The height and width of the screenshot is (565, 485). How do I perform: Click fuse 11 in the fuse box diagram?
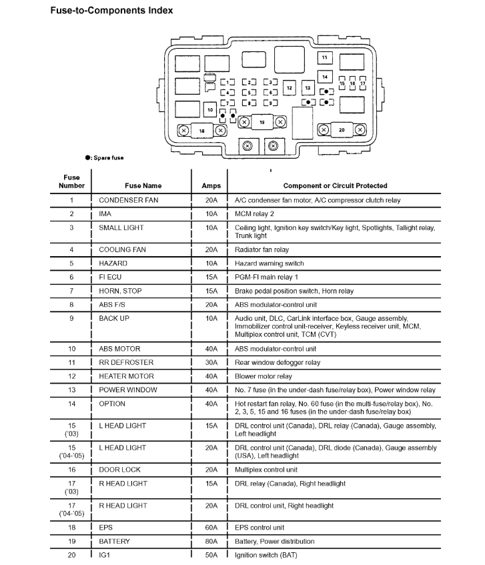(x=325, y=59)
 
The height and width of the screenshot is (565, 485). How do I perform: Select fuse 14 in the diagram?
(x=325, y=76)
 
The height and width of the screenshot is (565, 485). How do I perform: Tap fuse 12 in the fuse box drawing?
(x=289, y=88)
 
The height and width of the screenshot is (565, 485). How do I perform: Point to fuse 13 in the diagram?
(x=308, y=88)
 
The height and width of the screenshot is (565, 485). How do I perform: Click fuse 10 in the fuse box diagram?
(x=210, y=109)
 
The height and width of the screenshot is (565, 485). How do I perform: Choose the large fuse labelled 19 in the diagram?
(x=262, y=123)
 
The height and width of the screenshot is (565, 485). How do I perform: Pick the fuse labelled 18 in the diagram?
(x=201, y=131)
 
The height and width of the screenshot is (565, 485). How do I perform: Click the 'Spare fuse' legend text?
(x=107, y=157)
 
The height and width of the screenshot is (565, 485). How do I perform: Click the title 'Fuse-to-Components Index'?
(x=111, y=11)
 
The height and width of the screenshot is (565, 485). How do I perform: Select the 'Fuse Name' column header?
(x=143, y=185)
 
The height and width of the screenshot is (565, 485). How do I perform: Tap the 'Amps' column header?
(x=211, y=185)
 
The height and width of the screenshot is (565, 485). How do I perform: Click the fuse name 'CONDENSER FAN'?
(x=129, y=200)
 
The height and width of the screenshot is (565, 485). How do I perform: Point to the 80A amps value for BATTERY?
(x=211, y=541)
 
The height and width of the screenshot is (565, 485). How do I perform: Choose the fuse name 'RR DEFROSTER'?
(x=126, y=362)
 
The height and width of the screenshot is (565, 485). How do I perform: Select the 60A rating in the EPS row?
(x=211, y=527)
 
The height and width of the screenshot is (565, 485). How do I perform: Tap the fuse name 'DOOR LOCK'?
(x=119, y=470)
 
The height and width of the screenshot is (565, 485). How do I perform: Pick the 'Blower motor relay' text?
(x=264, y=376)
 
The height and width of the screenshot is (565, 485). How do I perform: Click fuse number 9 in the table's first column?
(x=71, y=318)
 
